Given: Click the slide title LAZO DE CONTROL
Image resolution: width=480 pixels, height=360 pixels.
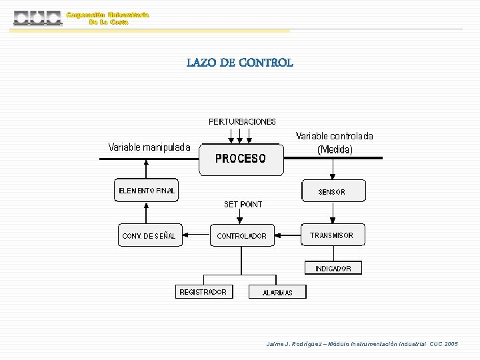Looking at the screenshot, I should pos(239,63).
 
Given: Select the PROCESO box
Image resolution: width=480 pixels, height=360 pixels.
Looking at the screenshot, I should pos(241,159).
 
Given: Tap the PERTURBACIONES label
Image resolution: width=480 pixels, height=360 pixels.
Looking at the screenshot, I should pos(242,122).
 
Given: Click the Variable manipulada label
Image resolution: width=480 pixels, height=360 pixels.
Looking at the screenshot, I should pos(149,147).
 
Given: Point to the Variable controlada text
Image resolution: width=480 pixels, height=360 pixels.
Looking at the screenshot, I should pos(335,136).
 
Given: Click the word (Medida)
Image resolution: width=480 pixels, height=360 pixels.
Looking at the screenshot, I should pos(335,149).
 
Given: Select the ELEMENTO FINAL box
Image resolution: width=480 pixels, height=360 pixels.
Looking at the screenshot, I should pos(147,191).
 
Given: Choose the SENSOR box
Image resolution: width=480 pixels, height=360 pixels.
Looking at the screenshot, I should pos(333,191).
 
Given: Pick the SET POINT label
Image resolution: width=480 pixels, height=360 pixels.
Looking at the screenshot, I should pos(243,205).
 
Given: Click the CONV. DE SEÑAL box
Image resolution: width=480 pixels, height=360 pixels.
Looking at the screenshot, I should pos(149,235).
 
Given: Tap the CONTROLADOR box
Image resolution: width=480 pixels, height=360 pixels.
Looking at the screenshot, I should pos(242,235).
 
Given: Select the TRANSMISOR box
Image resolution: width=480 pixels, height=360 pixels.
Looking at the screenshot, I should pos(333,235).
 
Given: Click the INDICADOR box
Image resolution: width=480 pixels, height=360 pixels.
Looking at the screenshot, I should pos(333,268).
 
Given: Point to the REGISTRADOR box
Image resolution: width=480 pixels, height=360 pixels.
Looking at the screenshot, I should pos(203,292).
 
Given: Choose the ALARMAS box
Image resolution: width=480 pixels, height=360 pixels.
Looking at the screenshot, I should pos(277,292).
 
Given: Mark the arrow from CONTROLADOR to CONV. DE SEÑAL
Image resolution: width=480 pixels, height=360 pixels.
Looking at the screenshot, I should pos(196,235).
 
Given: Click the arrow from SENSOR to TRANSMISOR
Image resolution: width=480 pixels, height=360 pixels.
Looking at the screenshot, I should pos(333,213).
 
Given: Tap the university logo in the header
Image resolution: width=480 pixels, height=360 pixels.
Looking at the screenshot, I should pos(38,18).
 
